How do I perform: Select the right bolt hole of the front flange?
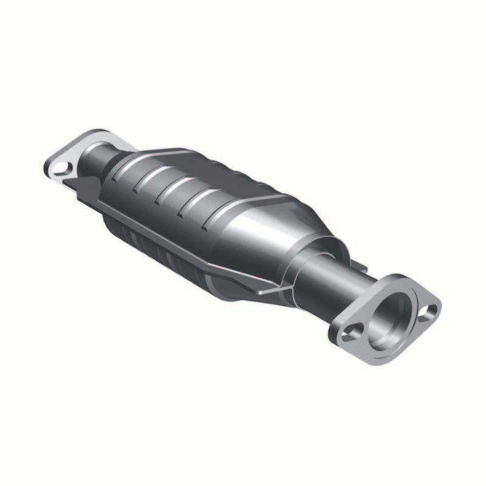(x=431, y=312)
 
